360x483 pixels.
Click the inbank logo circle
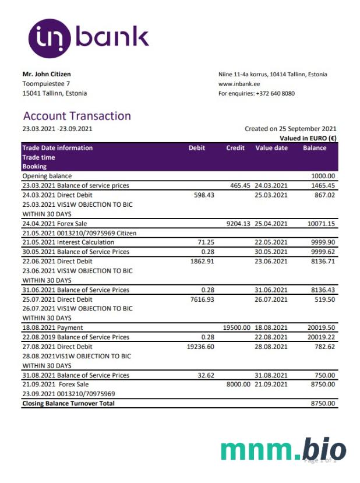50,39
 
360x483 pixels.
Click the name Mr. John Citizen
47,74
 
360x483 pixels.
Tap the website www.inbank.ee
239,84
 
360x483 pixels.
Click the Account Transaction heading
77,116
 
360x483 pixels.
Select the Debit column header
197,148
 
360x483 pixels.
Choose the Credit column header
235,148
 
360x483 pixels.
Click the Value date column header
271,148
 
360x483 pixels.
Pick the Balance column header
315,148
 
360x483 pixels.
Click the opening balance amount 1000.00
323,176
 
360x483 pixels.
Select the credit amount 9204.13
238,223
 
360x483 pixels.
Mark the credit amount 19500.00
237,328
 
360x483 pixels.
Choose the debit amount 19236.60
200,347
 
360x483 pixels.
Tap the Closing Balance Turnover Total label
68,403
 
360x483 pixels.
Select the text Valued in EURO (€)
308,138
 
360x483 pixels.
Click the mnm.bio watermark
284,450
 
